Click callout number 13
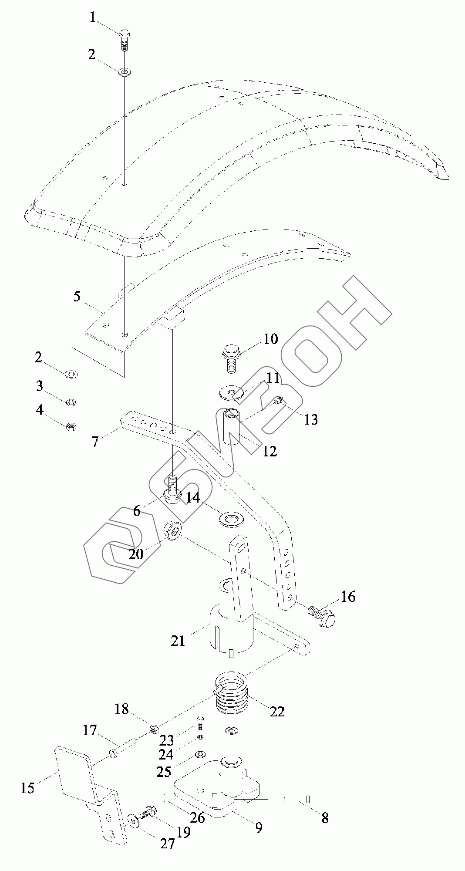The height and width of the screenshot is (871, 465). pos(311,419)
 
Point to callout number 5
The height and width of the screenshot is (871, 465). pos(77,297)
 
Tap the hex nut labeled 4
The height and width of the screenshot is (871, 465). pos(71,427)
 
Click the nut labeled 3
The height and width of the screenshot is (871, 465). pos(70,402)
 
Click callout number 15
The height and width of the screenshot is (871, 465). pos(27,787)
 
